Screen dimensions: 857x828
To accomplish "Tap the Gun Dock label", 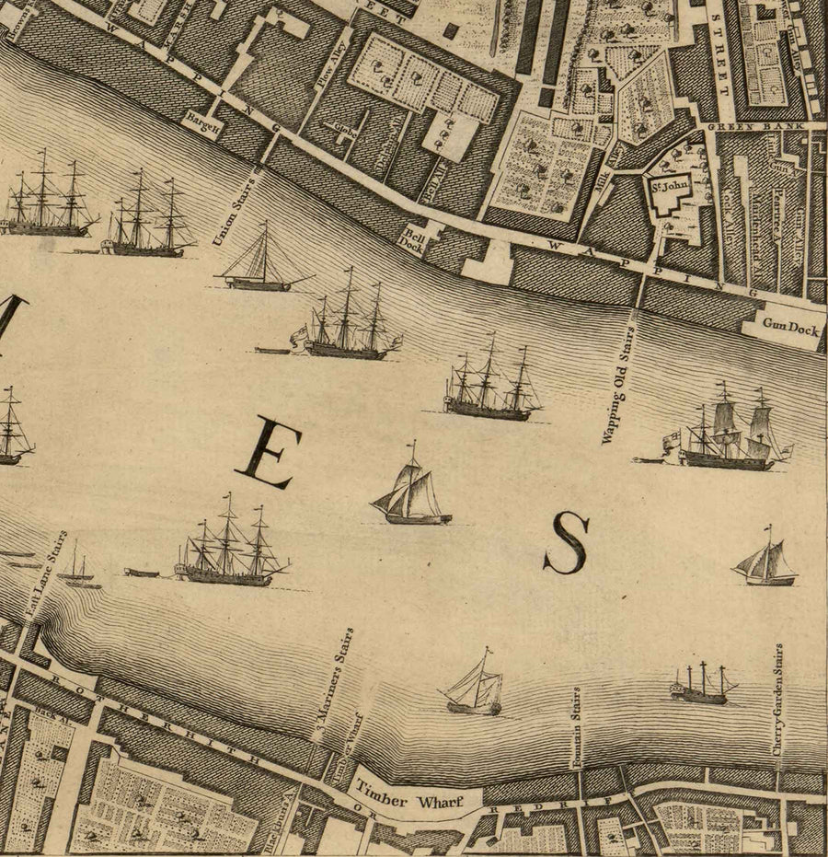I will pos(789,327).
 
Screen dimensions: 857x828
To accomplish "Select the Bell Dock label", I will pos(411,241).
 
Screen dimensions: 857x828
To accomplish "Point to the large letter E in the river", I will pos(265,452).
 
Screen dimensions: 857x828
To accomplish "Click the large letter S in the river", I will pos(566,543).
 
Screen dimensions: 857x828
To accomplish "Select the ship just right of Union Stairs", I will pos(259,262).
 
